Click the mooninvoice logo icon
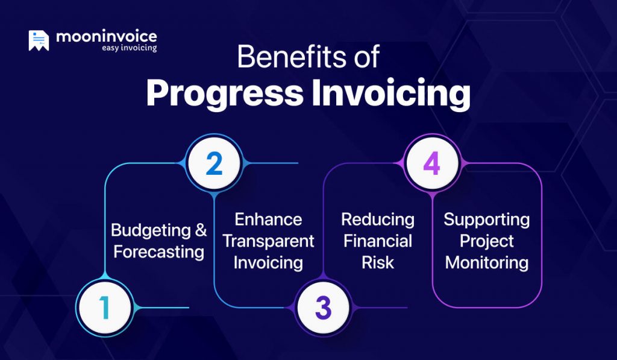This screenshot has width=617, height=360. (39, 40)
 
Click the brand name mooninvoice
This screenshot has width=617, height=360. (106, 36)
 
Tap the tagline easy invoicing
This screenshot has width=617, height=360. (129, 48)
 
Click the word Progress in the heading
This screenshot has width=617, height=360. (225, 93)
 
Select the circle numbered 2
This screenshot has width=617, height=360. (213, 163)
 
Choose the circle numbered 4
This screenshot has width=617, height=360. (431, 163)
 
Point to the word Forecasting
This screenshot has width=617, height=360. (158, 251)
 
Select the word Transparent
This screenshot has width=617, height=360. (268, 241)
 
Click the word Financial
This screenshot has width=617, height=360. (378, 241)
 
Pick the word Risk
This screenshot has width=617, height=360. (378, 262)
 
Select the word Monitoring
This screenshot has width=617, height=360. (487, 263)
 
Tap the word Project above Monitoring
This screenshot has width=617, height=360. (487, 241)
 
